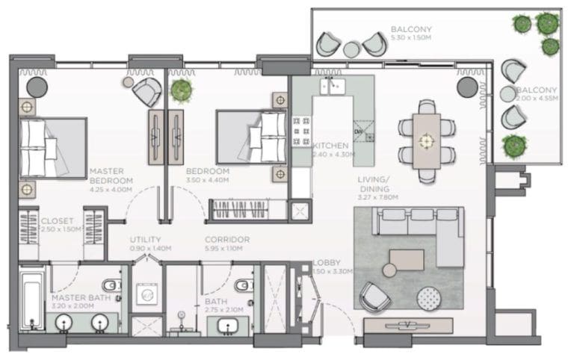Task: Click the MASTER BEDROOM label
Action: (111, 176)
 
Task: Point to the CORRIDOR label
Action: (227, 240)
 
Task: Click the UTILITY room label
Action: (145, 240)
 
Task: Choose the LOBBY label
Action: (328, 264)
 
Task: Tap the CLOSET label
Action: (57, 221)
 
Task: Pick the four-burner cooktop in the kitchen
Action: (301, 131)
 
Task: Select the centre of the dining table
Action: (426, 140)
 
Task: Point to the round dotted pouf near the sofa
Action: (429, 298)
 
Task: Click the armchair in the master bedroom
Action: (146, 91)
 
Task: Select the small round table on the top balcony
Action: (351, 49)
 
